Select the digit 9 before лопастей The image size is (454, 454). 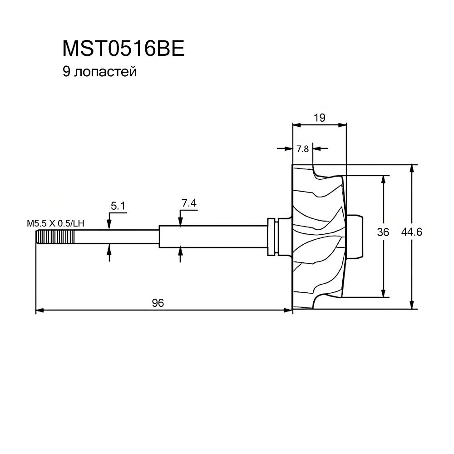pos(66,72)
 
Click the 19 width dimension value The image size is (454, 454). pos(319,118)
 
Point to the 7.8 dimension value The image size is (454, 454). pos(302,148)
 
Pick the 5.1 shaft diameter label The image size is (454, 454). pos(118,206)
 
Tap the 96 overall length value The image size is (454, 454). pos(158,303)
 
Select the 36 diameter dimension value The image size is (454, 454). pos(383,232)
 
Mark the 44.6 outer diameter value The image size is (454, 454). pos(412,232)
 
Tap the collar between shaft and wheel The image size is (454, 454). pos(273,237)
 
